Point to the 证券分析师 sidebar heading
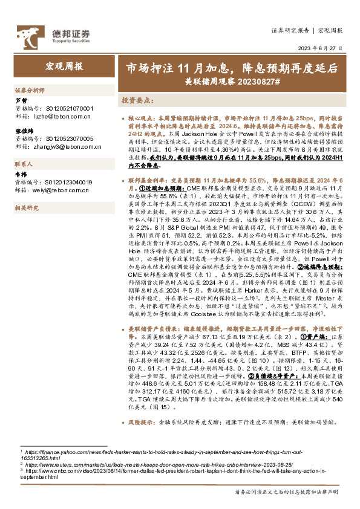(30, 89)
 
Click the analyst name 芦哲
(21, 101)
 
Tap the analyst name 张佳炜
(24, 131)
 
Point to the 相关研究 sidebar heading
(27, 207)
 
